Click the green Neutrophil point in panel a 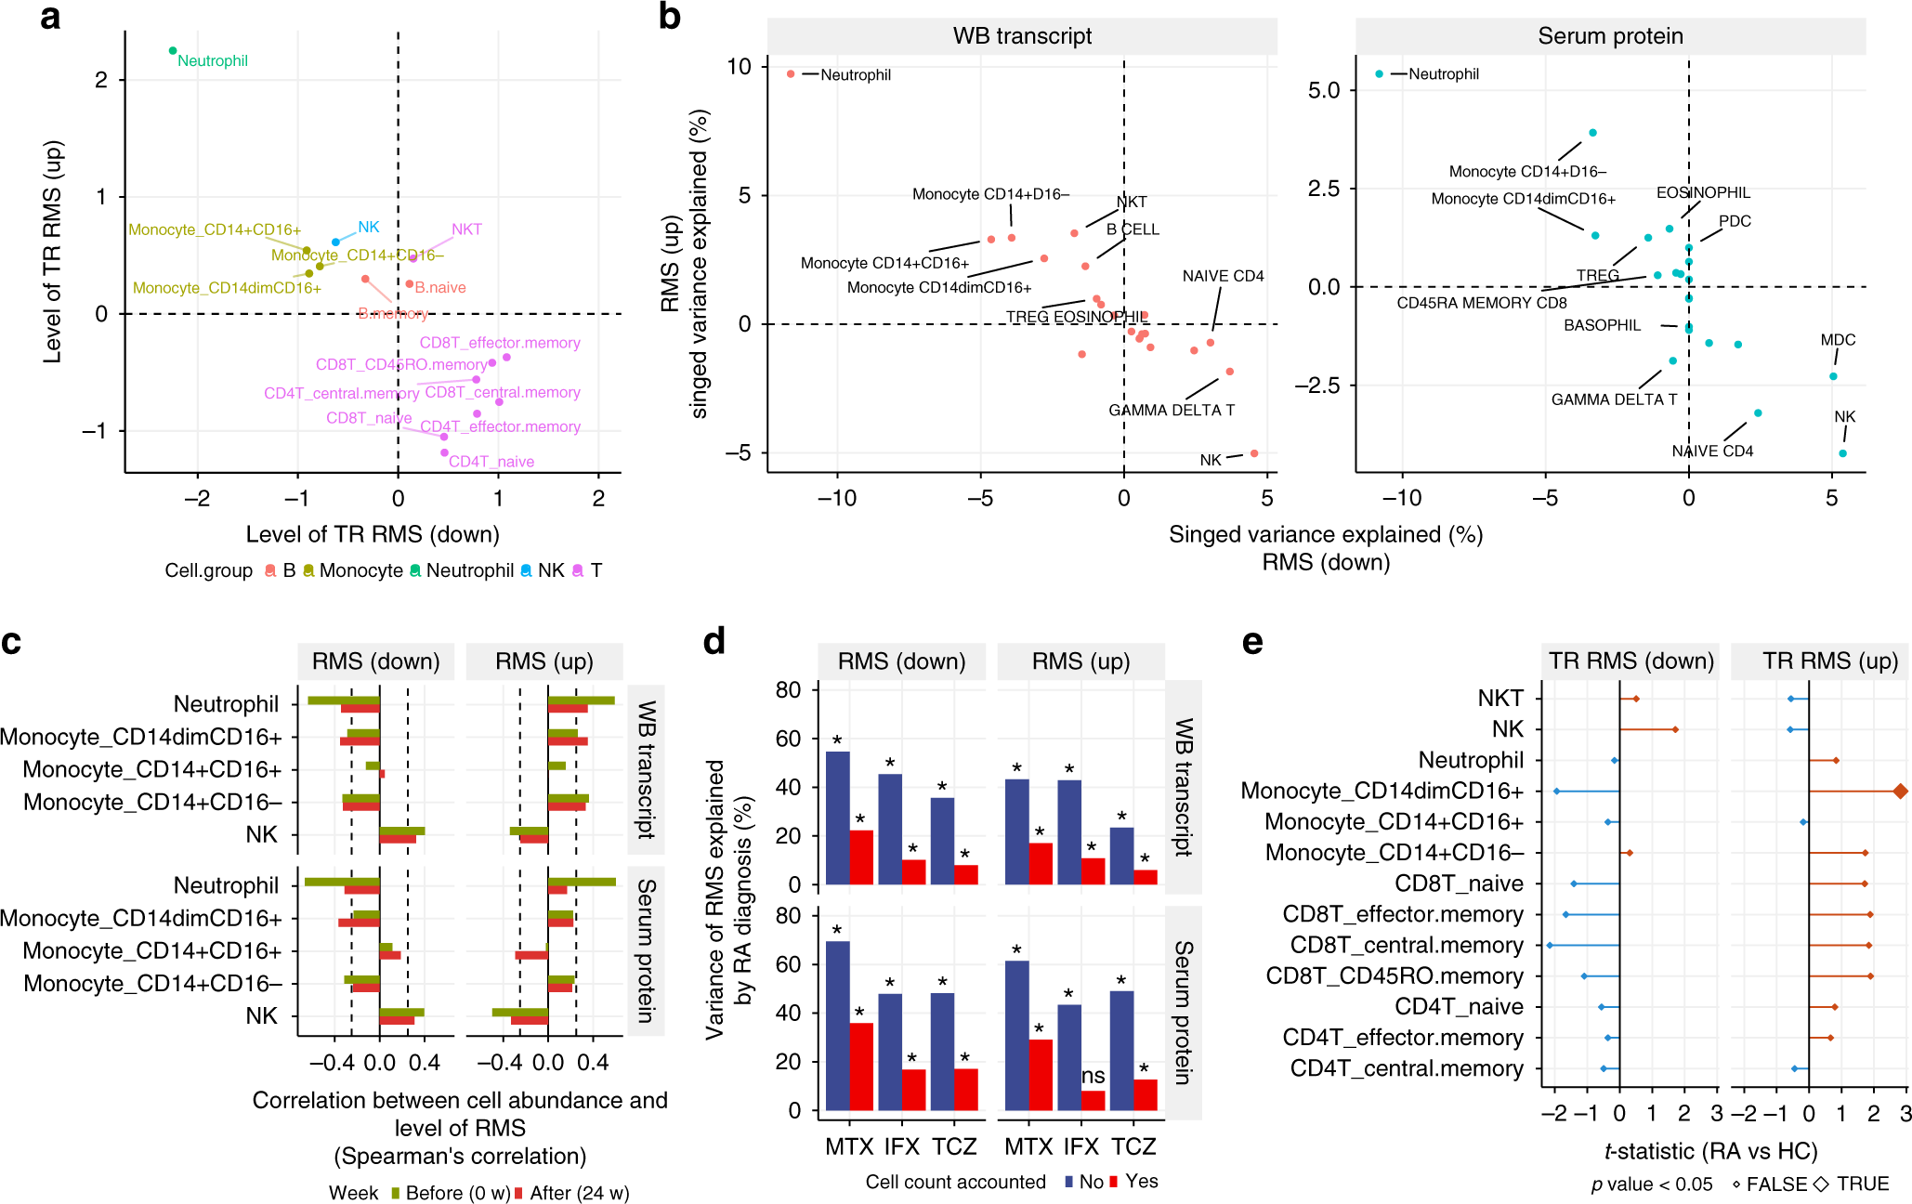click(173, 51)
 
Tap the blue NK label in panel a click(368, 227)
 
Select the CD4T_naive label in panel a click(491, 462)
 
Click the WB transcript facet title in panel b click(1022, 36)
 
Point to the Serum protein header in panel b click(1610, 36)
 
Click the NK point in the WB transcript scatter click(1254, 453)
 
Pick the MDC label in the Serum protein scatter click(1838, 340)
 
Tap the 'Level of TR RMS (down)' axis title click(373, 534)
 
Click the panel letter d click(714, 642)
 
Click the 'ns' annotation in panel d click(1094, 1076)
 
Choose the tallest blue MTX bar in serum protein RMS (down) click(837, 1026)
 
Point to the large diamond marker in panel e click(1900, 791)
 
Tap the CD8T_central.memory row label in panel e click(1407, 945)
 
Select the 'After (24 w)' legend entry click(579, 1193)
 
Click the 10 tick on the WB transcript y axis click(740, 67)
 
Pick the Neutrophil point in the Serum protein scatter click(1379, 74)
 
